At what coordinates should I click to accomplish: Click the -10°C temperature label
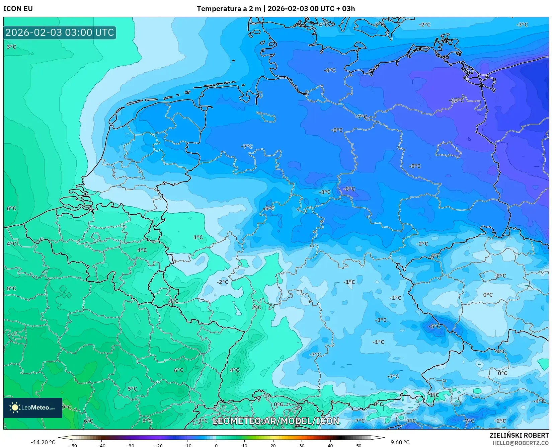(x=456, y=100)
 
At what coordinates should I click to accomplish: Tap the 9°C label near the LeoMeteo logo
(x=67, y=407)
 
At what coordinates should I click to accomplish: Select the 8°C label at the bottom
(x=147, y=421)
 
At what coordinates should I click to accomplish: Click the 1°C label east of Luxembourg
(x=198, y=237)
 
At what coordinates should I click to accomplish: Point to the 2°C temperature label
(x=256, y=307)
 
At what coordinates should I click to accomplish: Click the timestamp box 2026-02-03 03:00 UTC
(x=60, y=32)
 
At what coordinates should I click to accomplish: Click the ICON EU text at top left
(x=18, y=9)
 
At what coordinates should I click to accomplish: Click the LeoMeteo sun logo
(x=15, y=407)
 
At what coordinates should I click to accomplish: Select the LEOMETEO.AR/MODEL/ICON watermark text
(x=276, y=421)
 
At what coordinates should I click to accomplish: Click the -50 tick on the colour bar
(x=73, y=445)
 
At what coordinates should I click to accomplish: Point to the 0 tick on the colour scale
(x=216, y=445)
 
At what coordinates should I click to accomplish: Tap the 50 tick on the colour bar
(x=359, y=445)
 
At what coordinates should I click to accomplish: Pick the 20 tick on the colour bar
(x=273, y=445)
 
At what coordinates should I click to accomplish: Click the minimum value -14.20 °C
(x=43, y=442)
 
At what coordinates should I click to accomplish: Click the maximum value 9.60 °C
(x=400, y=442)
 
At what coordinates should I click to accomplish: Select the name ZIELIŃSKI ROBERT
(x=519, y=435)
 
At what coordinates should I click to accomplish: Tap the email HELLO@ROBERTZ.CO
(x=521, y=443)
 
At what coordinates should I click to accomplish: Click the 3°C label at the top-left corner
(x=11, y=47)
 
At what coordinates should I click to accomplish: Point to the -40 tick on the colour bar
(x=101, y=445)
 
